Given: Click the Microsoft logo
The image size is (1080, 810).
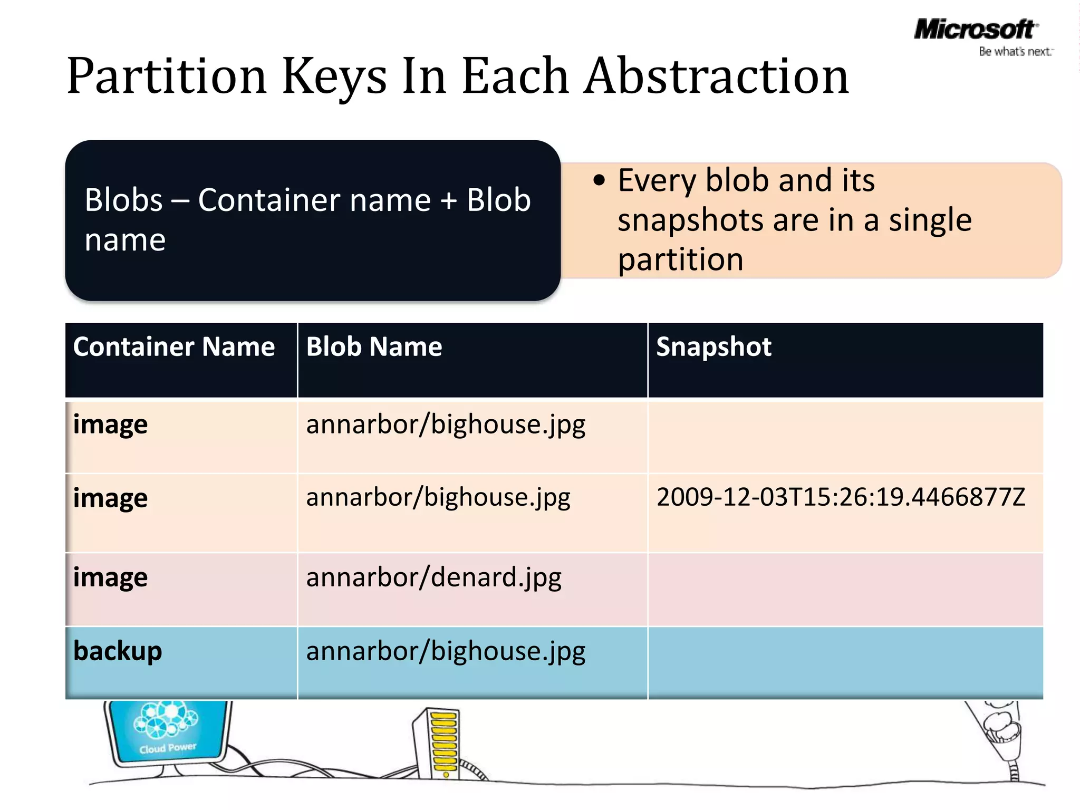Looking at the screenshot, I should [x=975, y=29].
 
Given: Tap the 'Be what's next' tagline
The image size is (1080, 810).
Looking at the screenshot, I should [x=1015, y=52].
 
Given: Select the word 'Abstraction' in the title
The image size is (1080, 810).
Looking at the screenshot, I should [x=716, y=77].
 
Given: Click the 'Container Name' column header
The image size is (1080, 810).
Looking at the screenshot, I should [x=174, y=347].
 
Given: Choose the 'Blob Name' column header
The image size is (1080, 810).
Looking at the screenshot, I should [x=374, y=347].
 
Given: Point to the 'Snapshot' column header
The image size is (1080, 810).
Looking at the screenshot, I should [x=713, y=347].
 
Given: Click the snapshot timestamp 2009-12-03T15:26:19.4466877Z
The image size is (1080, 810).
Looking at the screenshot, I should [x=841, y=497].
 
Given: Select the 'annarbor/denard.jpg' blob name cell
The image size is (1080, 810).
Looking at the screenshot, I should [x=433, y=577].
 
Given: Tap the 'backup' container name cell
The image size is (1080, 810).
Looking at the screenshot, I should [x=118, y=651].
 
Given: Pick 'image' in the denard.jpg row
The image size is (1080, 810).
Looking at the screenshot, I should [x=110, y=577].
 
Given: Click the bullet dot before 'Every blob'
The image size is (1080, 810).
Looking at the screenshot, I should [x=599, y=180].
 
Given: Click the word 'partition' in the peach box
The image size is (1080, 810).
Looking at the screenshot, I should [x=680, y=260].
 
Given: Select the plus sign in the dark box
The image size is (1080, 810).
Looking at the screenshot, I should [x=449, y=201].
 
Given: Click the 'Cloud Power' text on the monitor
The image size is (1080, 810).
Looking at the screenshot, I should [x=168, y=748].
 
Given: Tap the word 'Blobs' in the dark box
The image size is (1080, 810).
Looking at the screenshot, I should [x=123, y=201].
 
